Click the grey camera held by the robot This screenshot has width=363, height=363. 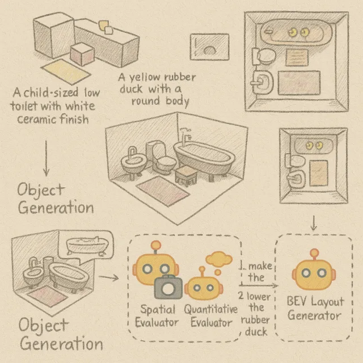168,287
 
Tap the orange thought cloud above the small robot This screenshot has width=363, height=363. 219,259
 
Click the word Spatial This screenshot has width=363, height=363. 158,310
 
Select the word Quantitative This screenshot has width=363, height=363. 211,309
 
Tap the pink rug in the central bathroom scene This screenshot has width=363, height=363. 163,191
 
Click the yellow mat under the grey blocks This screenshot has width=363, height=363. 66,71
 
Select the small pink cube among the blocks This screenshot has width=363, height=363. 82,54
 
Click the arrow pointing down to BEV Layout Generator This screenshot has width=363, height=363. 314,223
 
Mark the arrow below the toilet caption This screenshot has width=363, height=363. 46,158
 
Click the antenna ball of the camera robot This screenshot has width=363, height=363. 156,245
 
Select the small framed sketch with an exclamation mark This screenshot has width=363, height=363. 209,47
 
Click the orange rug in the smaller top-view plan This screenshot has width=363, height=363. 319,173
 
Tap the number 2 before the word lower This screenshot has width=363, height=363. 240,296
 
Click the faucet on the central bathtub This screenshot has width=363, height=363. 185,135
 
